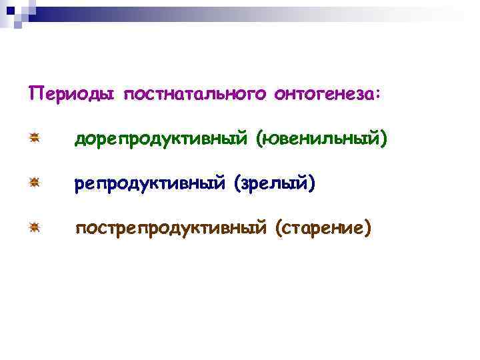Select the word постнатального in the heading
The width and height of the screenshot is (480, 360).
pyautogui.click(x=194, y=94)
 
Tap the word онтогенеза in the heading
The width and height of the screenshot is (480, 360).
pyautogui.click(x=324, y=94)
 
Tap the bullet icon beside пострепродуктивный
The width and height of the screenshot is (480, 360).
pyautogui.click(x=35, y=227)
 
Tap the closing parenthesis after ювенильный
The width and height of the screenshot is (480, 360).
pyautogui.click(x=383, y=139)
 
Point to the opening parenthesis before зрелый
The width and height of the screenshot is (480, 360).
pyautogui.click(x=237, y=183)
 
